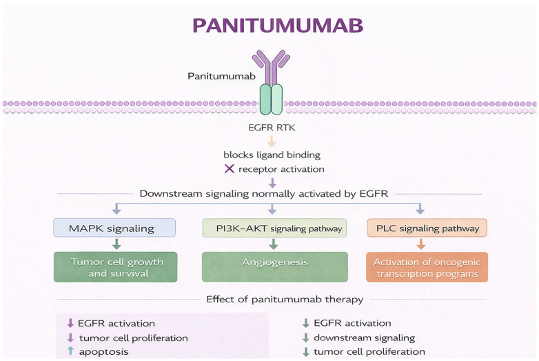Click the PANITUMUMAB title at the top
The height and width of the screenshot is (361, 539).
point(278,25)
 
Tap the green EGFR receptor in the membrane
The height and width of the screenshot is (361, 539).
point(271,99)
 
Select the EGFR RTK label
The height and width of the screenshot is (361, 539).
point(272,128)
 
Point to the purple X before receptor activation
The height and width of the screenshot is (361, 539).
point(230,168)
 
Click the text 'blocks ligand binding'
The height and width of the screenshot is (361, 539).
point(272,155)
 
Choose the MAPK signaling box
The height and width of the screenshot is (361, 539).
point(114,228)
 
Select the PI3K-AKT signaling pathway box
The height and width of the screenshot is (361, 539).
point(274,228)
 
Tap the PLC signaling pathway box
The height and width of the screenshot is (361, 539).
point(427,228)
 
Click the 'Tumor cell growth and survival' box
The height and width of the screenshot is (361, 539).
point(116,267)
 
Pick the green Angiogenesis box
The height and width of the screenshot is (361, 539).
point(274,267)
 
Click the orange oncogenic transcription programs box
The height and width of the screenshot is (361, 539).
point(427,267)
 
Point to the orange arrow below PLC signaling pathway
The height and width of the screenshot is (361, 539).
point(420,244)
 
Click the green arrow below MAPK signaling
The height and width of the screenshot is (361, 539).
point(117,244)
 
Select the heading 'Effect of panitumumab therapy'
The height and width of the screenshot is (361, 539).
point(285,300)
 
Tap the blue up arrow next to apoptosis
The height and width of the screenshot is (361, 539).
point(70,351)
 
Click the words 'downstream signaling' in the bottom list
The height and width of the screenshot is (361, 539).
point(365,338)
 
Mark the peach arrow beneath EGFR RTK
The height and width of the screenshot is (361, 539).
point(272,141)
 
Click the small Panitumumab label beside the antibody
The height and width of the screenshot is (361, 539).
point(221,76)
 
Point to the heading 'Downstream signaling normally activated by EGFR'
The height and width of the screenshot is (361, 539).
point(264,194)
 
